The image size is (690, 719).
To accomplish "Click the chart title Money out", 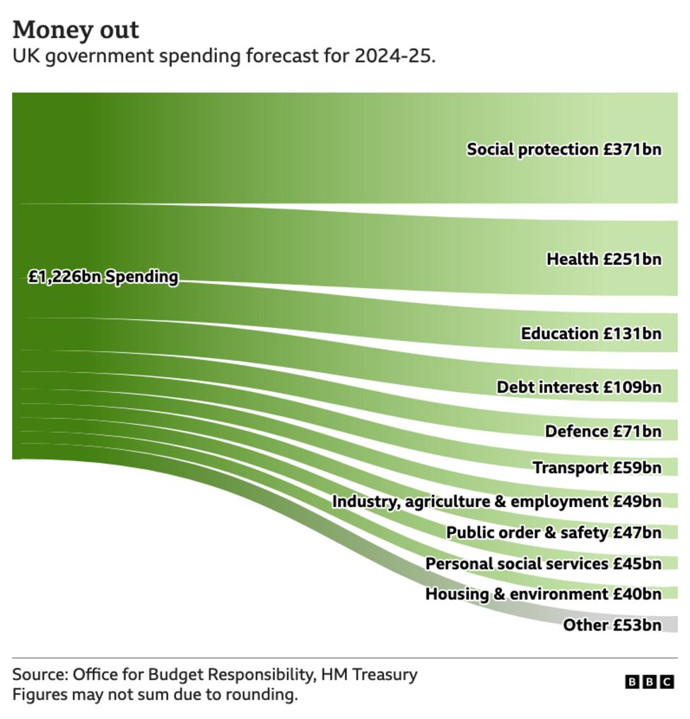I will (76, 30).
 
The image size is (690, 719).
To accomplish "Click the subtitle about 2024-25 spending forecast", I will (223, 57).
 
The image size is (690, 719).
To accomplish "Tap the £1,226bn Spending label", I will (103, 277).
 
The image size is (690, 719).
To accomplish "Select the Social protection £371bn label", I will (563, 149).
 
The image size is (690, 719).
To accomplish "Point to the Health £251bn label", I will (603, 259).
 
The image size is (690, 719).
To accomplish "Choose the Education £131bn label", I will (590, 333).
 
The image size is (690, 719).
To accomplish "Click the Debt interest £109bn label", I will (578, 387).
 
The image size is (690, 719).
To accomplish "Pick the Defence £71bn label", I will (602, 431).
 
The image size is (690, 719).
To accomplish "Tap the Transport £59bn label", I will (597, 468).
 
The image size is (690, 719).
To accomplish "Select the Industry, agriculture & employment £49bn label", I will (496, 501).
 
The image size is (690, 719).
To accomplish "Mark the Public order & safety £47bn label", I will (554, 533).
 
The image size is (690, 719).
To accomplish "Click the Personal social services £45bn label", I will (543, 564).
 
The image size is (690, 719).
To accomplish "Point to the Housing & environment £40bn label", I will (543, 594).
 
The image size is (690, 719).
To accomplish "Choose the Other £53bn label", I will (612, 625).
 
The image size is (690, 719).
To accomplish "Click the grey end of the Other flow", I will (669, 624).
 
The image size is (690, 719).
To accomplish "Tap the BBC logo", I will (650, 682).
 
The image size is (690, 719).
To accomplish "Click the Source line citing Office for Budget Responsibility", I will (214, 675).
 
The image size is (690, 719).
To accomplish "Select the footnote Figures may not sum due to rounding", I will (155, 695).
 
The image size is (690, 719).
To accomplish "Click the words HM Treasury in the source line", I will (369, 675).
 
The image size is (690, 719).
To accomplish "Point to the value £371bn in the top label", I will (632, 149).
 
